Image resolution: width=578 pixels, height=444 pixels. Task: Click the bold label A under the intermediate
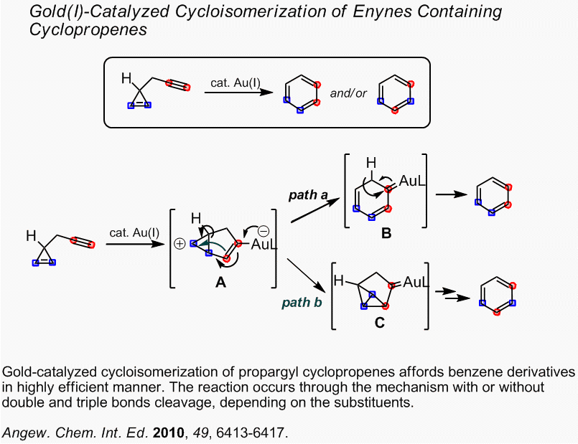221,283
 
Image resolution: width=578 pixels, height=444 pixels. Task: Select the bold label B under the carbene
386,233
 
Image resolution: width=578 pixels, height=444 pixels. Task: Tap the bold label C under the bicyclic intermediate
379,323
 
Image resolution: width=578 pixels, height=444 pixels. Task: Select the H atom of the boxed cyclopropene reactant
127,77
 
